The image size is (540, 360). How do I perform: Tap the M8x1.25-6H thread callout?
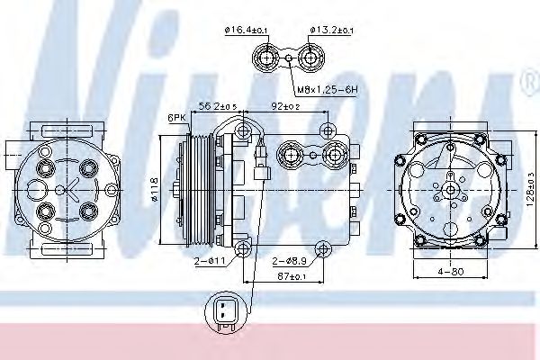325,90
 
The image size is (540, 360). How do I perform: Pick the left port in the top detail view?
267,60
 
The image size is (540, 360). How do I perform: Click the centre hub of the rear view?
447,188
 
